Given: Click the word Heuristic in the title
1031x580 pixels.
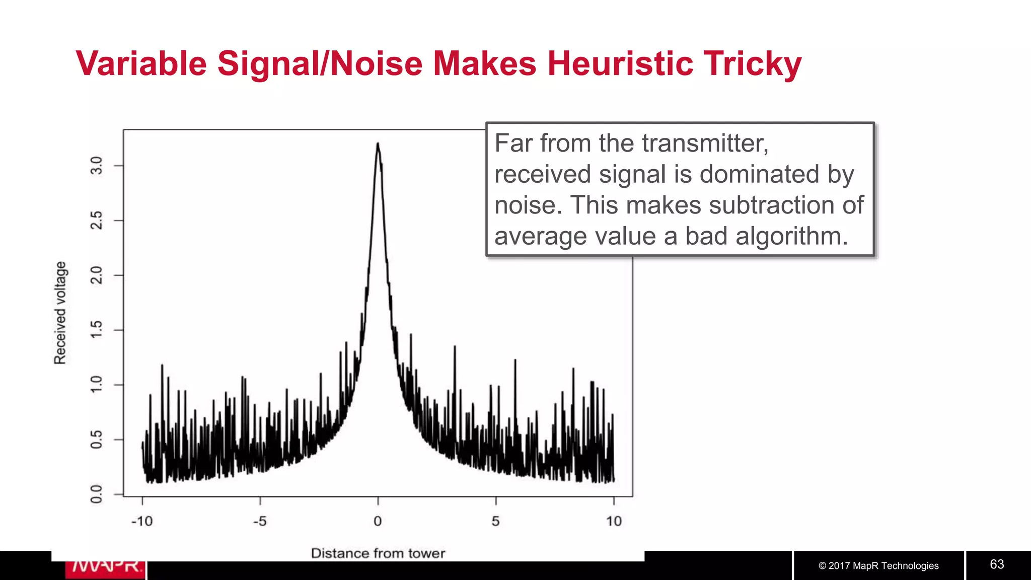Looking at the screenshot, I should [620, 63].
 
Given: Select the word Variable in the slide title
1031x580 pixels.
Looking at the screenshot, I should [141, 63].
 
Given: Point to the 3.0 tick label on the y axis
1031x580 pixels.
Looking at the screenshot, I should [96, 166].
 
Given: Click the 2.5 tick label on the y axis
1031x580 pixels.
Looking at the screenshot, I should [96, 221].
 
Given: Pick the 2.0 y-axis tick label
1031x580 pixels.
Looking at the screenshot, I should [96, 275].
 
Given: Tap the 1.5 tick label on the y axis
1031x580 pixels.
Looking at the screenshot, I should [96, 330].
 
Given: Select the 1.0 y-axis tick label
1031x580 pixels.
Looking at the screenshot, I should [96, 385].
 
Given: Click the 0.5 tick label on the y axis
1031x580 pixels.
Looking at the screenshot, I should [96, 440].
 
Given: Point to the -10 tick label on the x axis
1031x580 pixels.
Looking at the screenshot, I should [141, 521].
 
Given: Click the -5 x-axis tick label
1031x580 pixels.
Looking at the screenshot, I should [260, 521].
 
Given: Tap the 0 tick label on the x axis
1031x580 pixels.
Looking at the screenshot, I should [378, 521].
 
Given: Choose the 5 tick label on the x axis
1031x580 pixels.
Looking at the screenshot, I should [496, 521].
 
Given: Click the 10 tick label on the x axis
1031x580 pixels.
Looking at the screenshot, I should [614, 521].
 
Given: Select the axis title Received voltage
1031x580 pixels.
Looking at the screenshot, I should [60, 313].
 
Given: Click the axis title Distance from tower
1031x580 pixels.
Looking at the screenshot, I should [378, 553].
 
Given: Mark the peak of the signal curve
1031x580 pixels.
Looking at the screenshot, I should [378, 144].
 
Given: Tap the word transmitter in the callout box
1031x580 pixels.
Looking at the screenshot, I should [705, 143].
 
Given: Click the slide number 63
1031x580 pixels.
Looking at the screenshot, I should [997, 564].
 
